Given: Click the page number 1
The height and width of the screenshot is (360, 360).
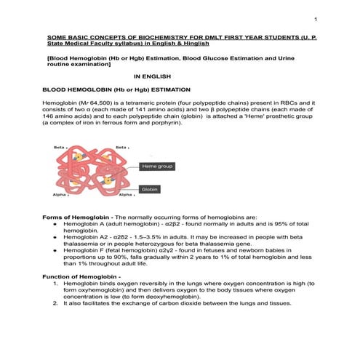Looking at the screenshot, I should pos(315,17).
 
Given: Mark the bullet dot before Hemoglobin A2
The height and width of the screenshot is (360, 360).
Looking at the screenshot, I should pos(56,237).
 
